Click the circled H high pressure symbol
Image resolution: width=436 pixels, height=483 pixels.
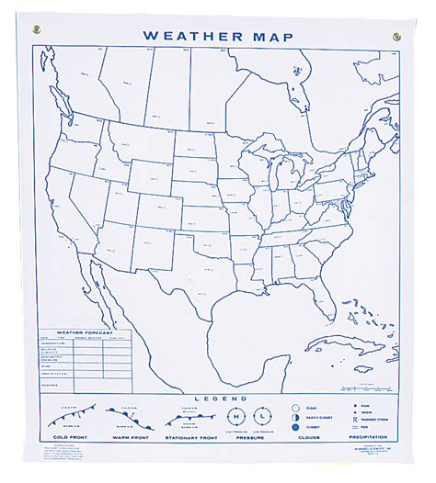pos(240,415)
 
